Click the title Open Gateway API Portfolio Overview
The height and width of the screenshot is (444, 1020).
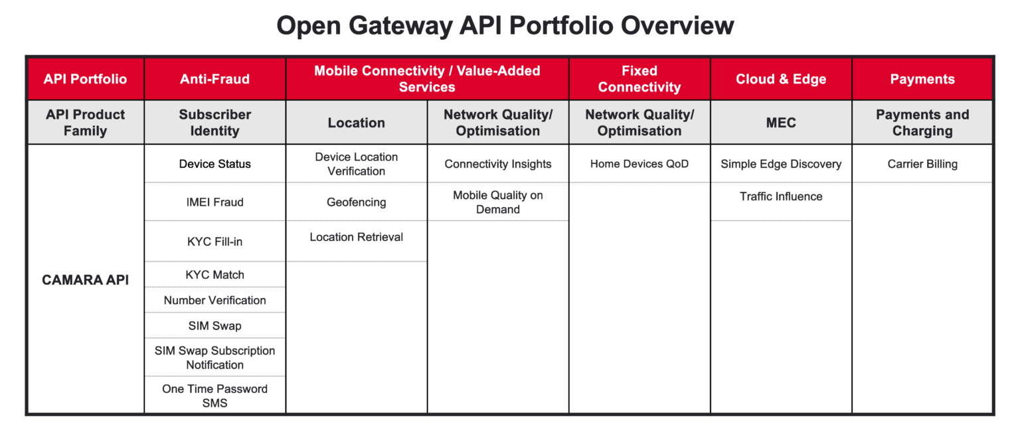click(x=505, y=26)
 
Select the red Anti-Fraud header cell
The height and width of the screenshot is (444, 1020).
click(x=214, y=79)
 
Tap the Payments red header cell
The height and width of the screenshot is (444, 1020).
click(x=922, y=79)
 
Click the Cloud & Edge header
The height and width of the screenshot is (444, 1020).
click(x=781, y=79)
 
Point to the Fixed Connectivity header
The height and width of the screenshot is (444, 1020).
click(x=639, y=79)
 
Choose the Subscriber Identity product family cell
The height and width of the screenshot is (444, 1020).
click(x=214, y=123)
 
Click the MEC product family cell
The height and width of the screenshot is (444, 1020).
click(x=781, y=123)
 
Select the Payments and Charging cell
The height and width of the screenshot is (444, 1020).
click(x=922, y=123)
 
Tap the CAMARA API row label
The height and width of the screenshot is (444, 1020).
click(x=85, y=280)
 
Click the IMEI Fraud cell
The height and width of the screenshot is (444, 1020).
click(x=214, y=202)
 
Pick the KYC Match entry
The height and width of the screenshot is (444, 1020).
click(x=214, y=275)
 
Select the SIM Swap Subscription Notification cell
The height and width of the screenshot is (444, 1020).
click(x=214, y=358)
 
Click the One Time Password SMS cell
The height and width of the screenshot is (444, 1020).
click(x=214, y=396)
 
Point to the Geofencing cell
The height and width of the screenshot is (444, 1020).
click(x=356, y=202)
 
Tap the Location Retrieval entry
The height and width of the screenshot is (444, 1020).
click(x=356, y=237)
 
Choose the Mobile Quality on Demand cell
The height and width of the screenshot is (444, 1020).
click(x=497, y=202)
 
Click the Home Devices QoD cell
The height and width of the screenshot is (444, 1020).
click(x=639, y=164)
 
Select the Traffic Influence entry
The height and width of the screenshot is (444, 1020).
click(x=781, y=196)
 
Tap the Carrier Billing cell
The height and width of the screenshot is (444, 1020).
click(x=922, y=164)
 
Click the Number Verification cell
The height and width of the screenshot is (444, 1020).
click(x=214, y=300)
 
